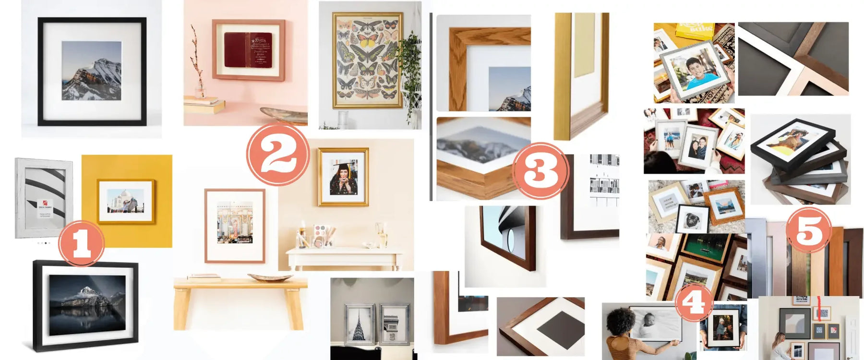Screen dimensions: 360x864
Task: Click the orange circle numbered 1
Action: pyautogui.click(x=81, y=243)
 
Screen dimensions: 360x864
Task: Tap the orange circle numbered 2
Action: pyautogui.click(x=277, y=154)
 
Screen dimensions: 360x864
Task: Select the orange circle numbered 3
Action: pyautogui.click(x=540, y=170)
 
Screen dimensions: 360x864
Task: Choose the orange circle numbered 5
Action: pyautogui.click(x=809, y=230)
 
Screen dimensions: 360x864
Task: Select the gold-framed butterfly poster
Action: pyautogui.click(x=368, y=60)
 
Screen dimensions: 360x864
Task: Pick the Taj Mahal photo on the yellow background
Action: pyautogui.click(x=126, y=201)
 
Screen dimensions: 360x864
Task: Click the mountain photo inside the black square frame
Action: pyautogui.click(x=91, y=71)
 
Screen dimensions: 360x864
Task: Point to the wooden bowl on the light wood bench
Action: pyautogui.click(x=270, y=277)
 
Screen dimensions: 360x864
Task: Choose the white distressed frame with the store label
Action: pyautogui.click(x=43, y=198)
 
